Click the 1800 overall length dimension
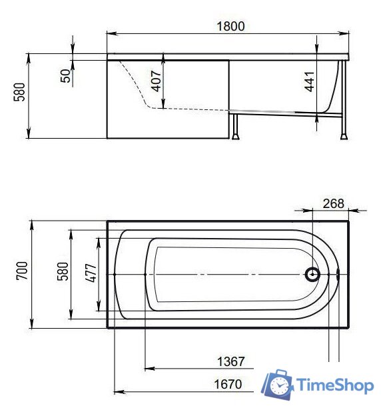(x=230, y=26)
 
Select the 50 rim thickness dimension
(x=65, y=75)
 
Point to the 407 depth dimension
(x=155, y=81)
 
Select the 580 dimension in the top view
(x=63, y=273)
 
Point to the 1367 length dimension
(x=230, y=361)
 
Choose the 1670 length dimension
(x=229, y=385)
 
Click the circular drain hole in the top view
(x=312, y=274)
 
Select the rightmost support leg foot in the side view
(x=343, y=137)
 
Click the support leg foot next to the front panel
(x=235, y=137)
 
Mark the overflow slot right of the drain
(x=338, y=274)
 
